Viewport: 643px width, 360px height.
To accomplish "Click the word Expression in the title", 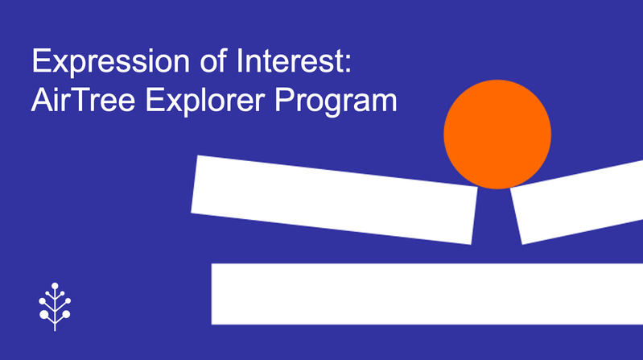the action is click(111, 62).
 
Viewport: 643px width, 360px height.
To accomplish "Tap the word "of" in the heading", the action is click(213, 60).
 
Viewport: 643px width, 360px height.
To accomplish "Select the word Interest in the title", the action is click(289, 60).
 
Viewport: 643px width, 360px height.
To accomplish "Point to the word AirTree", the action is click(83, 100).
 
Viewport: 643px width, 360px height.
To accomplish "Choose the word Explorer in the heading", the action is click(205, 101).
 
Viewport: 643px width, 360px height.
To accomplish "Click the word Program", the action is click(336, 101).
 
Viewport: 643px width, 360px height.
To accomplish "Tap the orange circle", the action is click(497, 134).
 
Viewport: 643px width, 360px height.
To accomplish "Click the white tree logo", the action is click(55, 306).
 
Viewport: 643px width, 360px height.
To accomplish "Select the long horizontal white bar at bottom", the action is click(427, 294).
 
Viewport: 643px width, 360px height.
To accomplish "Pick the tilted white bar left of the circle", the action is click(334, 200).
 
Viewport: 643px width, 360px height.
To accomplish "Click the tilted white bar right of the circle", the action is click(577, 202).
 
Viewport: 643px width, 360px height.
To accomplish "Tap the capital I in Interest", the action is click(239, 60).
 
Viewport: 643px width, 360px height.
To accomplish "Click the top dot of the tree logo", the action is click(55, 286).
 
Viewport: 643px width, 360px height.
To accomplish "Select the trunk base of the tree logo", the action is click(55, 328).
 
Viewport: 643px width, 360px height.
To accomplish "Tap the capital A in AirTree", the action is click(43, 100).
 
